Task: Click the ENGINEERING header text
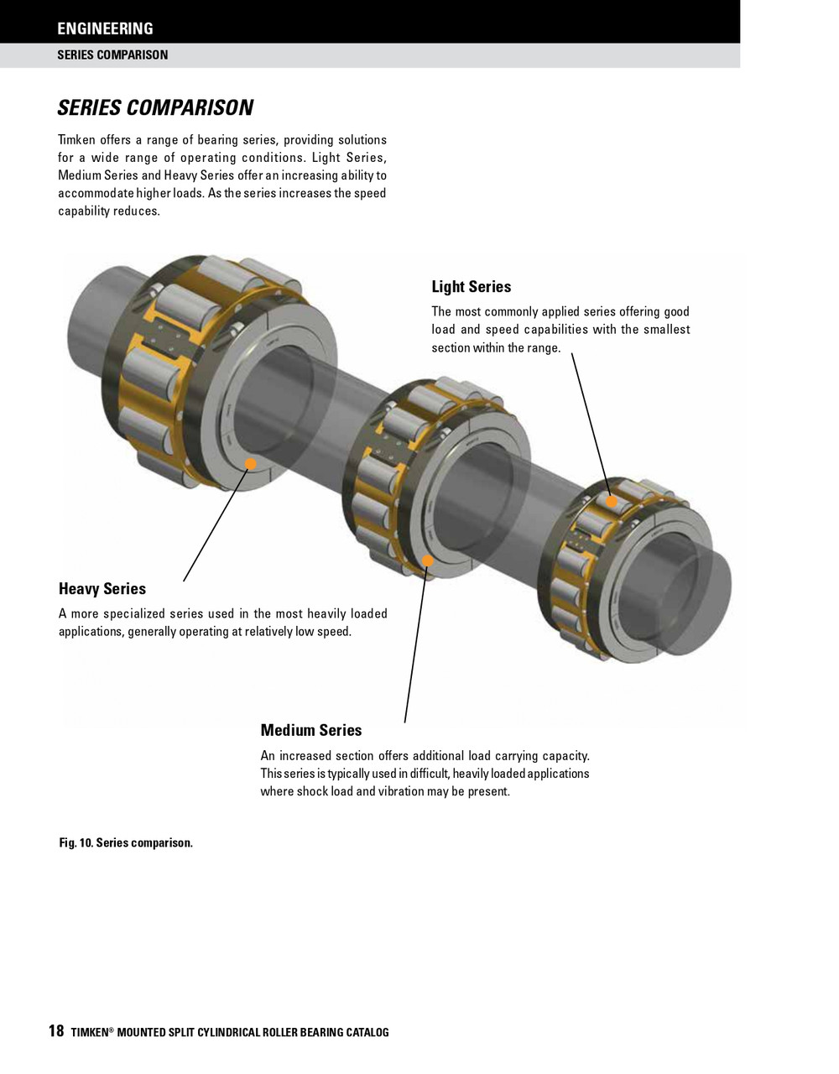point(105,29)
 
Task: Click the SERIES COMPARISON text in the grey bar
point(112,55)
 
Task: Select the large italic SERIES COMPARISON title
point(155,108)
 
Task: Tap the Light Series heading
point(471,287)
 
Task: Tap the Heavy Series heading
point(102,589)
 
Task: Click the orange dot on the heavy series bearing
point(250,463)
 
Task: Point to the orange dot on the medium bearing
point(427,560)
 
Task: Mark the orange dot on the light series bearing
point(612,502)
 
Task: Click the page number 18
point(56,1031)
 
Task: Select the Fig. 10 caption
point(126,842)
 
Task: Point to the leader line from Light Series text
point(591,424)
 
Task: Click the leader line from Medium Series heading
point(415,646)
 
